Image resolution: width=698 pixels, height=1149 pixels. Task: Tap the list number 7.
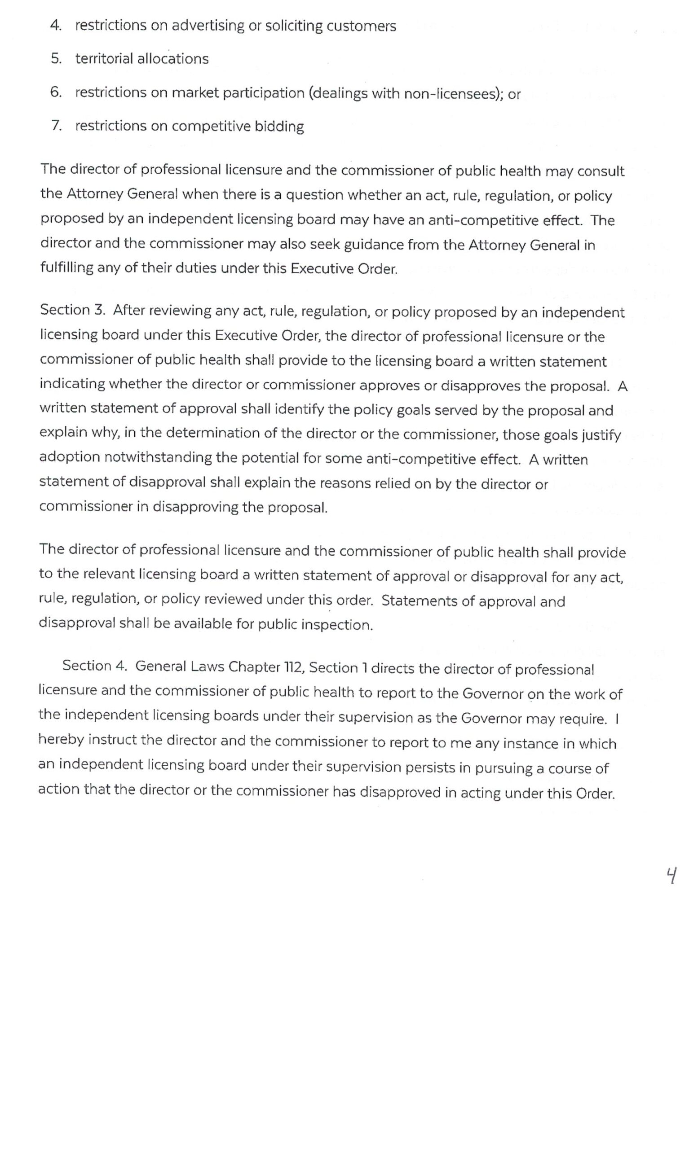[x=56, y=125]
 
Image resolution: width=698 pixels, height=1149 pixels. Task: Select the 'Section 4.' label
[x=95, y=666]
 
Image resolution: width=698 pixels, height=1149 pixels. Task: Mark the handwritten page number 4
[x=671, y=876]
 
